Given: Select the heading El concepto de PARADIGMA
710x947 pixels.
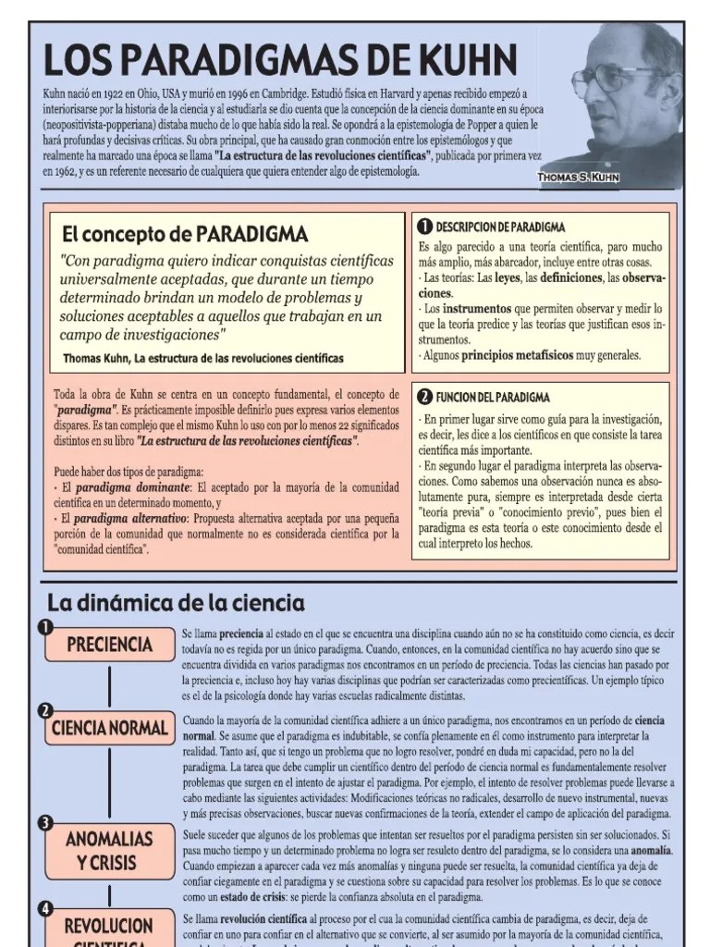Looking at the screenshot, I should (185, 234).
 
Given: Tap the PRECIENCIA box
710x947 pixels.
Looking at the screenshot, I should (109, 645).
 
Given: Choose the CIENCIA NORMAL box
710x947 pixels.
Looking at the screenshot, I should (109, 728).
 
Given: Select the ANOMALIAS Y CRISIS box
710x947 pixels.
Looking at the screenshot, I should (109, 850).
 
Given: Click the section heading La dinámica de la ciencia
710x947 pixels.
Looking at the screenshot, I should (176, 604).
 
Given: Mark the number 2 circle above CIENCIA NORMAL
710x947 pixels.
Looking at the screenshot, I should (44, 710).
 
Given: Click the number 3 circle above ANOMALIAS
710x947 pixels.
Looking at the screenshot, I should (44, 822).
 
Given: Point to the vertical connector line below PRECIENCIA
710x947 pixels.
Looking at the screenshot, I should (109, 685).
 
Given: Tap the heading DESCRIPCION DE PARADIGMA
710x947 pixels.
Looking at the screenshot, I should (500, 228).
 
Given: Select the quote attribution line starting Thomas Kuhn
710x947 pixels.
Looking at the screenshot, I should (203, 358).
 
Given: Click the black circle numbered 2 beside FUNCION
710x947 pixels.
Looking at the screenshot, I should (424, 398).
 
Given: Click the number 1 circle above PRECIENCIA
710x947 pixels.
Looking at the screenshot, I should (44, 628).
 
